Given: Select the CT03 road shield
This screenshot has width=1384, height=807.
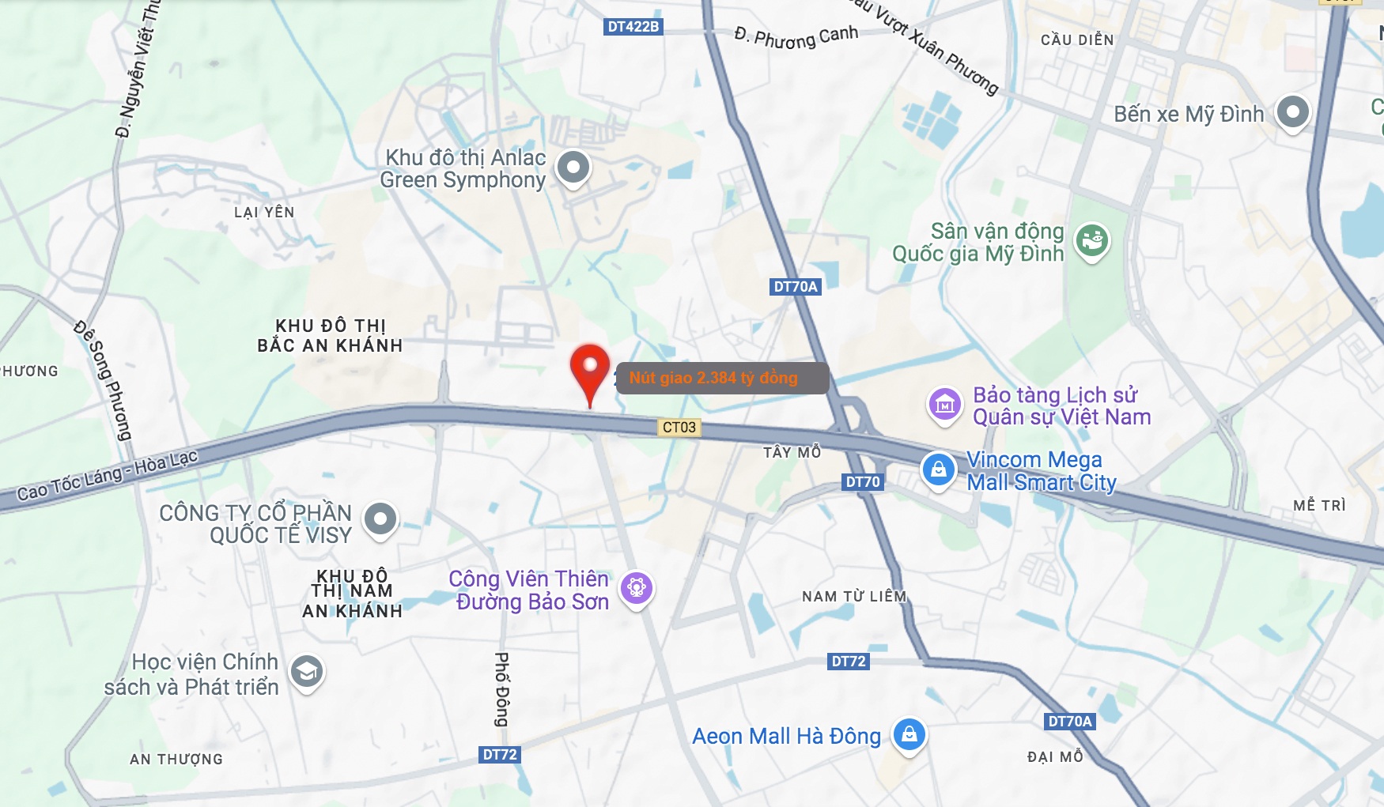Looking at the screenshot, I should [x=679, y=428].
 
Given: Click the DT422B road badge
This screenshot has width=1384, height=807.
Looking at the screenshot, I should [x=633, y=27].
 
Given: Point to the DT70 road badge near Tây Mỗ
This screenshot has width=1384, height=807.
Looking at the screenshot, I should [x=862, y=482].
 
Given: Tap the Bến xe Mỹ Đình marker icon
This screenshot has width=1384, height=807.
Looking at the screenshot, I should [x=1292, y=112].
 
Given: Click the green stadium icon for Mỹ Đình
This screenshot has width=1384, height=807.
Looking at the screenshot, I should [x=1092, y=239].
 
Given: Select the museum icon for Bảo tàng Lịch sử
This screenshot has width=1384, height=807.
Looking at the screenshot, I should [x=944, y=405].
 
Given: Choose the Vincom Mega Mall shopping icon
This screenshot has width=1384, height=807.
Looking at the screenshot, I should [x=939, y=469].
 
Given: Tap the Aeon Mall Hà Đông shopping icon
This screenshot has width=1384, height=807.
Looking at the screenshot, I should [x=909, y=734].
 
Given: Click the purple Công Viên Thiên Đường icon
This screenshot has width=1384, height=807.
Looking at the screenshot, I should [x=637, y=588].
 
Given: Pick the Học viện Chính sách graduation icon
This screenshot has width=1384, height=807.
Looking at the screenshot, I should [x=306, y=672].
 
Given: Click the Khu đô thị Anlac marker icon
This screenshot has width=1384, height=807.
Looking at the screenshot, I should [x=573, y=168].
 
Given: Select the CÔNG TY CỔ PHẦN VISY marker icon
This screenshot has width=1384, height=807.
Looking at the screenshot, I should [x=380, y=519].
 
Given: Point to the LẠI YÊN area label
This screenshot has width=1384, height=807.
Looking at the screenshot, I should [x=264, y=213].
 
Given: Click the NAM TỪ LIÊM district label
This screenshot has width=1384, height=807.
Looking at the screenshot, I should [x=854, y=597].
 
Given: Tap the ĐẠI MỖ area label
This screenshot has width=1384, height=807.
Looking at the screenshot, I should [x=1055, y=757].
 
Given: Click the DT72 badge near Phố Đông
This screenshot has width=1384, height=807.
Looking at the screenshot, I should [x=500, y=755].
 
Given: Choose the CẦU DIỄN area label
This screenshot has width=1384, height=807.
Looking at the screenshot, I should [x=1077, y=40].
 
